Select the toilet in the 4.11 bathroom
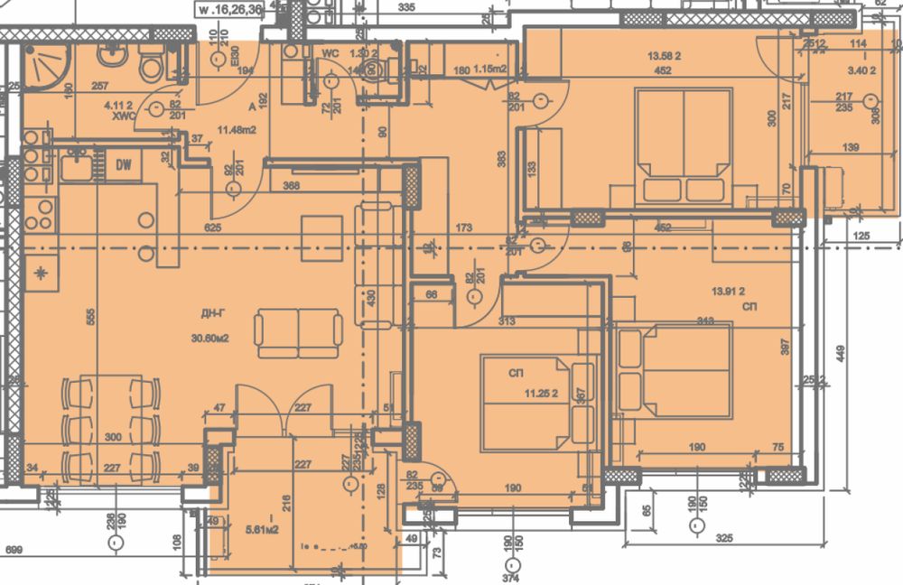click(x=150, y=63)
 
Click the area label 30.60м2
click(x=209, y=339)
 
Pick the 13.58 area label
click(x=663, y=56)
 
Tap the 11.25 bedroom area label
click(x=545, y=394)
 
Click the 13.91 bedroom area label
click(x=728, y=291)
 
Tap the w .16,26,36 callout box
click(x=230, y=10)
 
